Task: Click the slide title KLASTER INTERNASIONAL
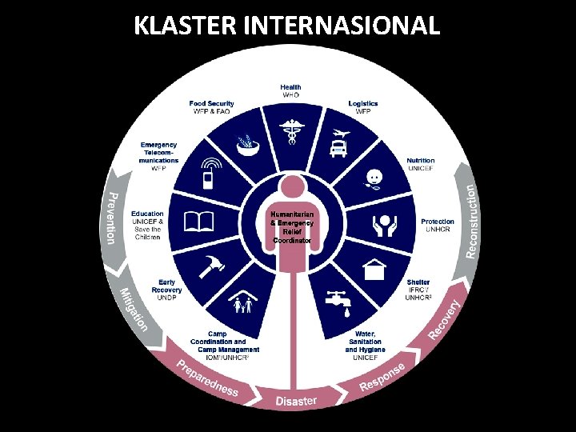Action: pyautogui.click(x=287, y=25)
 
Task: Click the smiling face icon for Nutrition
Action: pyautogui.click(x=376, y=178)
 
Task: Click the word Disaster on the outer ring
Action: pyautogui.click(x=296, y=401)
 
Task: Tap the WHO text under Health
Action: pyautogui.click(x=290, y=95)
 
